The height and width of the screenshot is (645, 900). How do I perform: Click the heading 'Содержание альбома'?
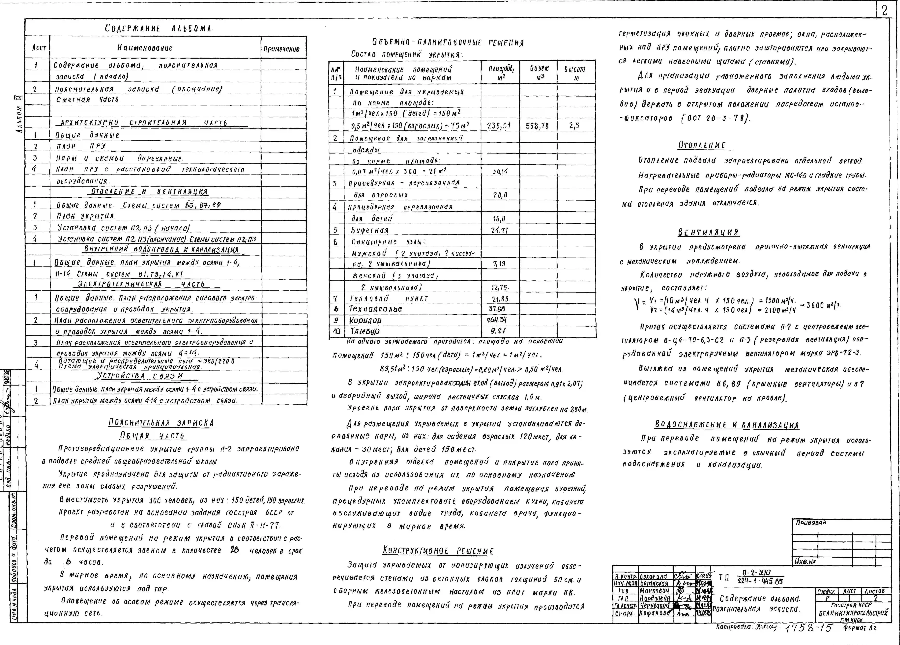(159, 29)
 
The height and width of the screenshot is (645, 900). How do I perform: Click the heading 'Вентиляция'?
(708, 232)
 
